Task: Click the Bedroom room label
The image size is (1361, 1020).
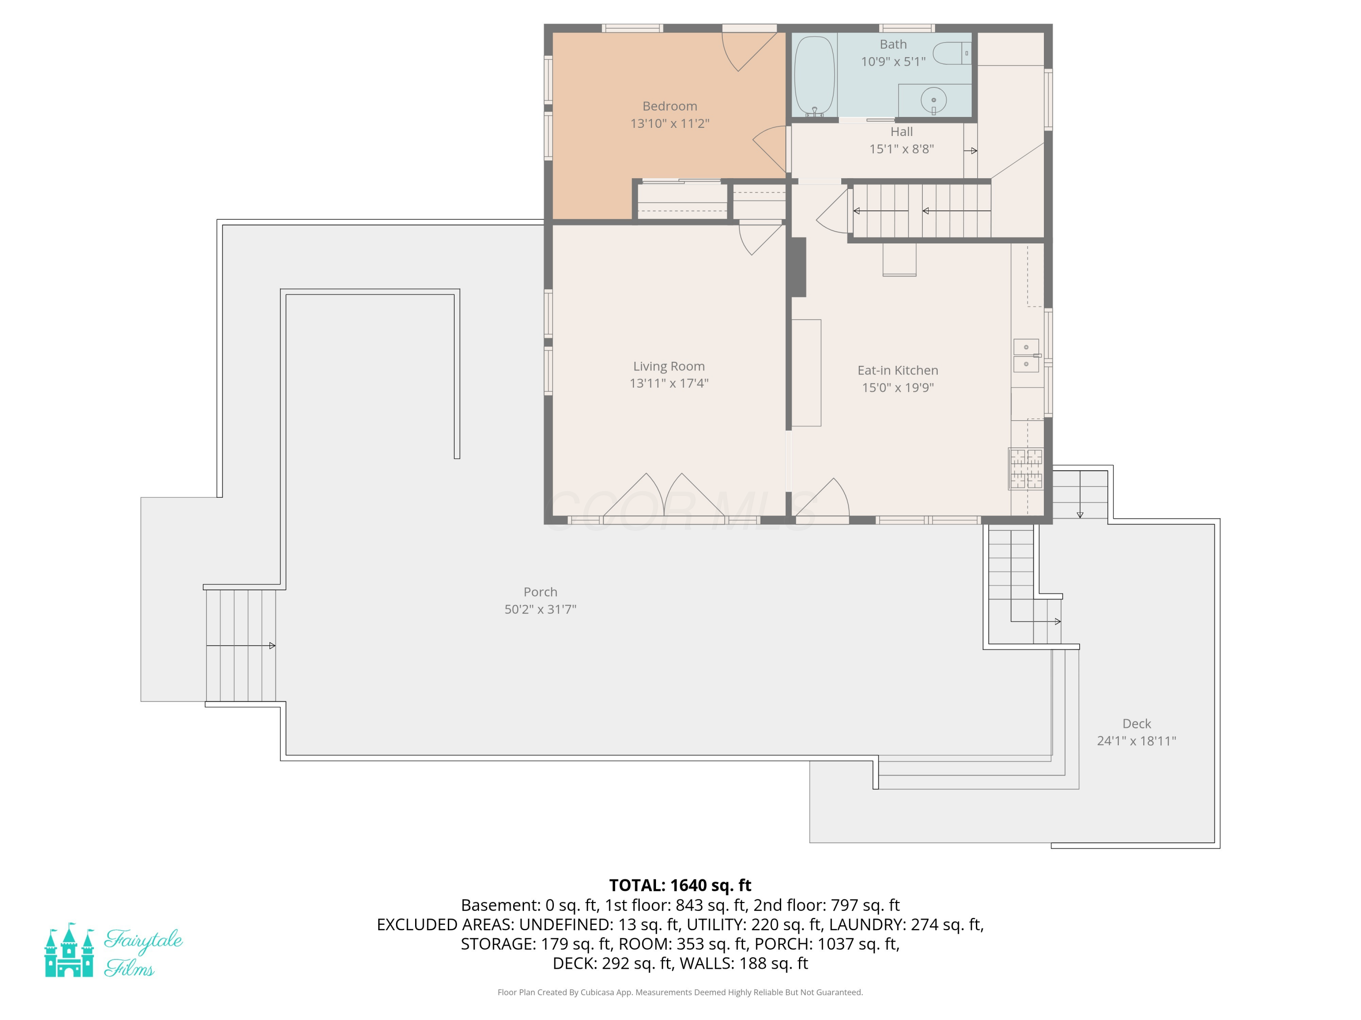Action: click(x=670, y=107)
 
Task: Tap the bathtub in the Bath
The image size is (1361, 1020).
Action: click(x=814, y=76)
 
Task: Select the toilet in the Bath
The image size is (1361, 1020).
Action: click(x=952, y=53)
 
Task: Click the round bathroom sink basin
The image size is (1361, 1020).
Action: click(x=933, y=100)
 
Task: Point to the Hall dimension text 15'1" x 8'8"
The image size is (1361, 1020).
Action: click(x=901, y=149)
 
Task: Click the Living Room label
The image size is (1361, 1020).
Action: click(x=669, y=366)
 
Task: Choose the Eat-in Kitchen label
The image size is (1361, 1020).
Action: click(x=898, y=370)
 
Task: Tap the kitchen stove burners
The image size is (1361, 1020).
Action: click(x=1026, y=468)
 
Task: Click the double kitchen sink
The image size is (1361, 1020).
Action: click(x=1026, y=355)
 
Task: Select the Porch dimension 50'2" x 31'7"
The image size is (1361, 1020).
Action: click(x=540, y=609)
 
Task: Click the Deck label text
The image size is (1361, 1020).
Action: click(x=1136, y=724)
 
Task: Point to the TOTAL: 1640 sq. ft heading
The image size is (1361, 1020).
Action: click(x=680, y=885)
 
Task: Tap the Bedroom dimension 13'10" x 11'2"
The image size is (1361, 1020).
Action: click(x=670, y=124)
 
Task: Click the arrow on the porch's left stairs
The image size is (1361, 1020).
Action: click(x=240, y=646)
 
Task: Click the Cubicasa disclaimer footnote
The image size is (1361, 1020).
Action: click(x=680, y=992)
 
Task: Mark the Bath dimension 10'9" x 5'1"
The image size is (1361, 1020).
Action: click(x=893, y=62)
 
